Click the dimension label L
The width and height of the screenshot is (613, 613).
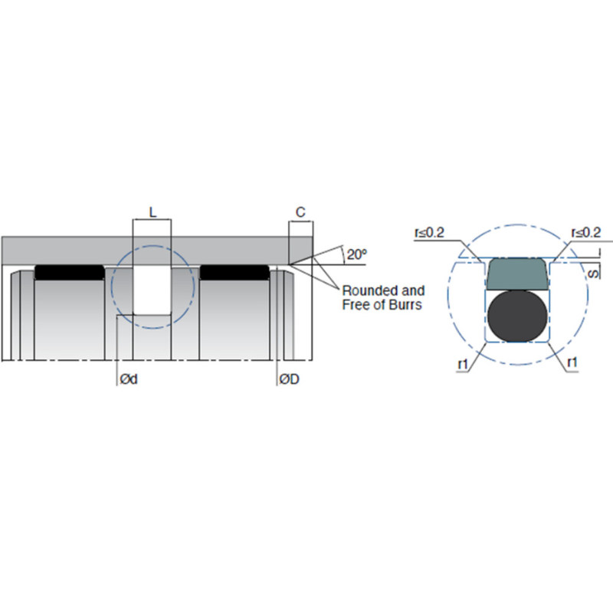click(152, 212)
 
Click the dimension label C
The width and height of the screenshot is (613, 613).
click(300, 212)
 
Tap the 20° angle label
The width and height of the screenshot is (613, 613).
click(357, 254)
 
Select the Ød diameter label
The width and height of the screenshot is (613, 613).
click(129, 379)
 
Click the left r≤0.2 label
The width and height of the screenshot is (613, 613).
click(429, 233)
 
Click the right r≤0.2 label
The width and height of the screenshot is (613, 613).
click(586, 233)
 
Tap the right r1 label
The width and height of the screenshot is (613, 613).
click(572, 362)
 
